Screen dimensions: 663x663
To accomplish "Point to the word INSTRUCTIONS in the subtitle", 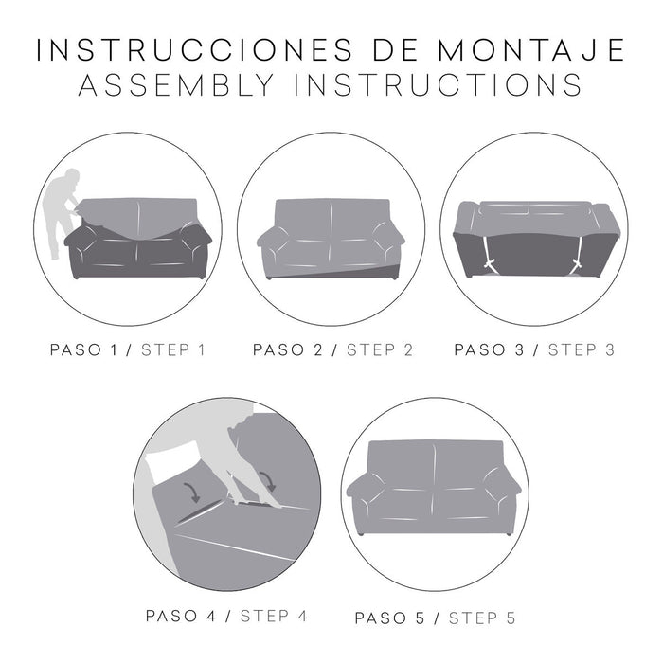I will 437,85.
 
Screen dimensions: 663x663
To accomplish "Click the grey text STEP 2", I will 379,349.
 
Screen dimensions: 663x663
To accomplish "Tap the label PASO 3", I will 489,349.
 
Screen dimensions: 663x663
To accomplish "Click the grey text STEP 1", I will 173,349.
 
